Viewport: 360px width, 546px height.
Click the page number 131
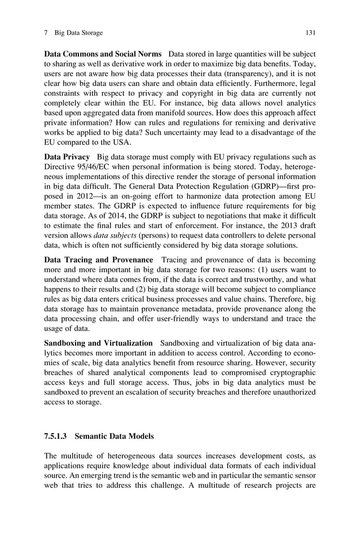click(x=310, y=33)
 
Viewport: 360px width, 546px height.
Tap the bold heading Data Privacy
click(x=67, y=156)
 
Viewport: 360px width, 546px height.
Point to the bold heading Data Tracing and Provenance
click(x=99, y=259)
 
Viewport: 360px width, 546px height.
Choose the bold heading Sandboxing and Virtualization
click(x=98, y=343)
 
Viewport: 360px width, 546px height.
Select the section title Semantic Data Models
click(x=114, y=436)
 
